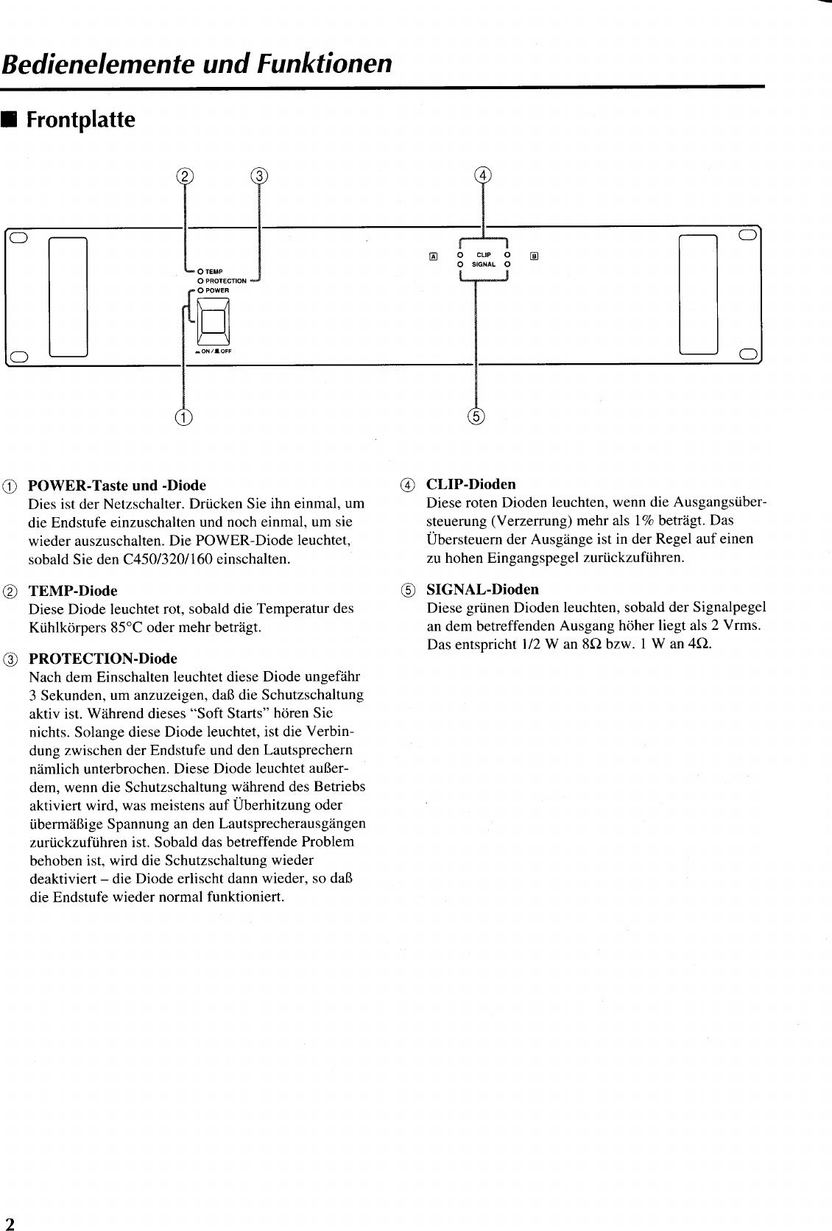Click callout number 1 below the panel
coord(183,417)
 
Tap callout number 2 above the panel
coord(185,175)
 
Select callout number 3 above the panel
coord(259,175)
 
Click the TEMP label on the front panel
coord(214,271)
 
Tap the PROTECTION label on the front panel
coord(225,281)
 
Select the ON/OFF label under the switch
coord(214,351)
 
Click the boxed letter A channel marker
coord(433,256)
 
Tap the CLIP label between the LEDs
coord(484,255)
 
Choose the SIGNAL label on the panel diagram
coord(483,264)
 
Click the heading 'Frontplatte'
coord(80,120)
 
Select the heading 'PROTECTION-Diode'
coord(102,658)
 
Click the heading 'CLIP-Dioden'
coord(471,484)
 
